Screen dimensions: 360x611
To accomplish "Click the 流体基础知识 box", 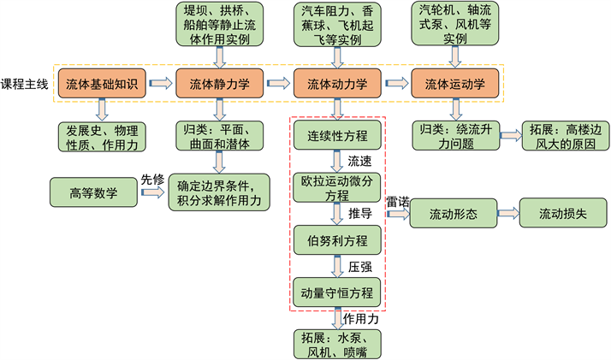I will (x=99, y=85).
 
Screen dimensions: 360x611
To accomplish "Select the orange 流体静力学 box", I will (x=219, y=85).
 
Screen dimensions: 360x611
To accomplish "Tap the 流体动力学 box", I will (x=337, y=85).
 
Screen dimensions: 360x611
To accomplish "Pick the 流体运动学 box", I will (x=454, y=85).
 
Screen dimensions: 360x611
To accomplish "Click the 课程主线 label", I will (x=27, y=85).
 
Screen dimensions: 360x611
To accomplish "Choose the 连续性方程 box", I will (x=338, y=135).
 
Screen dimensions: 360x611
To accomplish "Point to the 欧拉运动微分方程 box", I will (x=338, y=187).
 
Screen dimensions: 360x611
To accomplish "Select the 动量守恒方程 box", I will (x=338, y=292).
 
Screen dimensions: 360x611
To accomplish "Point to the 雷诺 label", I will (x=399, y=202).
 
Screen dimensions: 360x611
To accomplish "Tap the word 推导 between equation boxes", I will (x=359, y=213).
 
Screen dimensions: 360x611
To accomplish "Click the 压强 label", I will (x=359, y=267).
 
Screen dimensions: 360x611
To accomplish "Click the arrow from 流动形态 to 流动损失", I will (x=509, y=213).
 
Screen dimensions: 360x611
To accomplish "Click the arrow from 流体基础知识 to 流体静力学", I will (x=159, y=84).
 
